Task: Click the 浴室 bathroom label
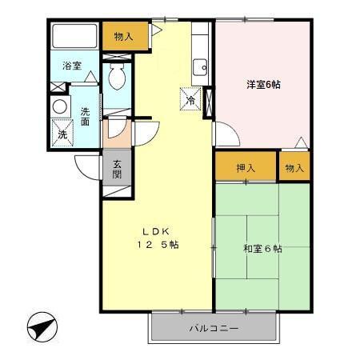72,66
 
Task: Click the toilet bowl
117,76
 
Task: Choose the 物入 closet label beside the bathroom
124,35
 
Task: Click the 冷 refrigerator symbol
191,100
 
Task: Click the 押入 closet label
246,168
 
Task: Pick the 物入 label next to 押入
294,168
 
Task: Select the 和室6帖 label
262,249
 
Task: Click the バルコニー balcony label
214,328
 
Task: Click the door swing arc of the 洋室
225,136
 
